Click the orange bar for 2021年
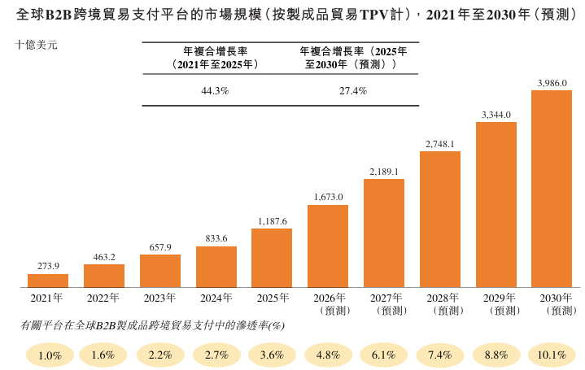click(48, 281)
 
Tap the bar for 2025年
click(272, 258)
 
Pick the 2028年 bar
click(440, 220)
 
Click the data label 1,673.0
click(328, 197)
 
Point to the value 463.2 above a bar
click(104, 256)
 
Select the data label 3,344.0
click(496, 115)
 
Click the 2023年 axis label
click(160, 298)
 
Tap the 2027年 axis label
click(384, 298)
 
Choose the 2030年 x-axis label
click(552, 298)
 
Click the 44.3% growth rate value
click(215, 91)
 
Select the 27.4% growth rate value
click(353, 91)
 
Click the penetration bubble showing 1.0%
click(50, 355)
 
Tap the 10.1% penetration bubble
click(552, 355)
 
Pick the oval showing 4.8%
click(329, 355)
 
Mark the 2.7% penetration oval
click(217, 355)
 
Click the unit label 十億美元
click(37, 46)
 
